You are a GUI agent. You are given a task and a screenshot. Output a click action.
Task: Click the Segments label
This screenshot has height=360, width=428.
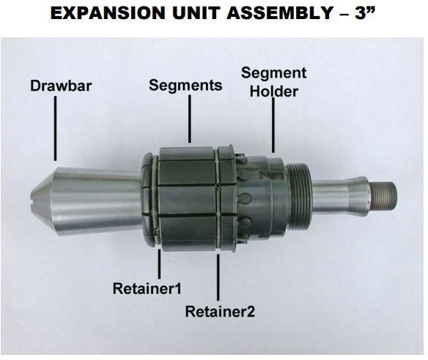pyautogui.click(x=185, y=85)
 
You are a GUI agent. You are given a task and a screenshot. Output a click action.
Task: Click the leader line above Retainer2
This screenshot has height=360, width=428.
pyautogui.click(x=218, y=279)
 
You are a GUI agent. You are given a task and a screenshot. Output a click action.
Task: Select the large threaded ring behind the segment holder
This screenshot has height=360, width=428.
pyautogui.click(x=296, y=196)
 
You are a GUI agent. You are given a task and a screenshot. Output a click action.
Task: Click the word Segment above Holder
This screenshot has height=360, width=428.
pyautogui.click(x=274, y=73)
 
